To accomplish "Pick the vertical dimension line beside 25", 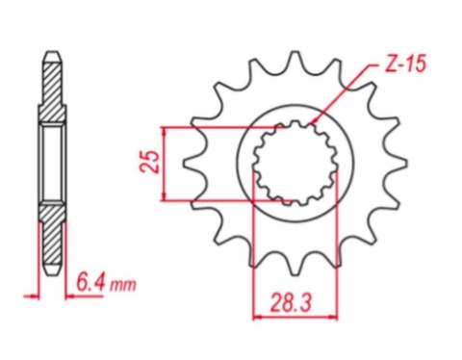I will coord(167,164).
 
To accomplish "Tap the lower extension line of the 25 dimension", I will coord(221,201).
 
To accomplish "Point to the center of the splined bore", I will coord(295,163).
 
